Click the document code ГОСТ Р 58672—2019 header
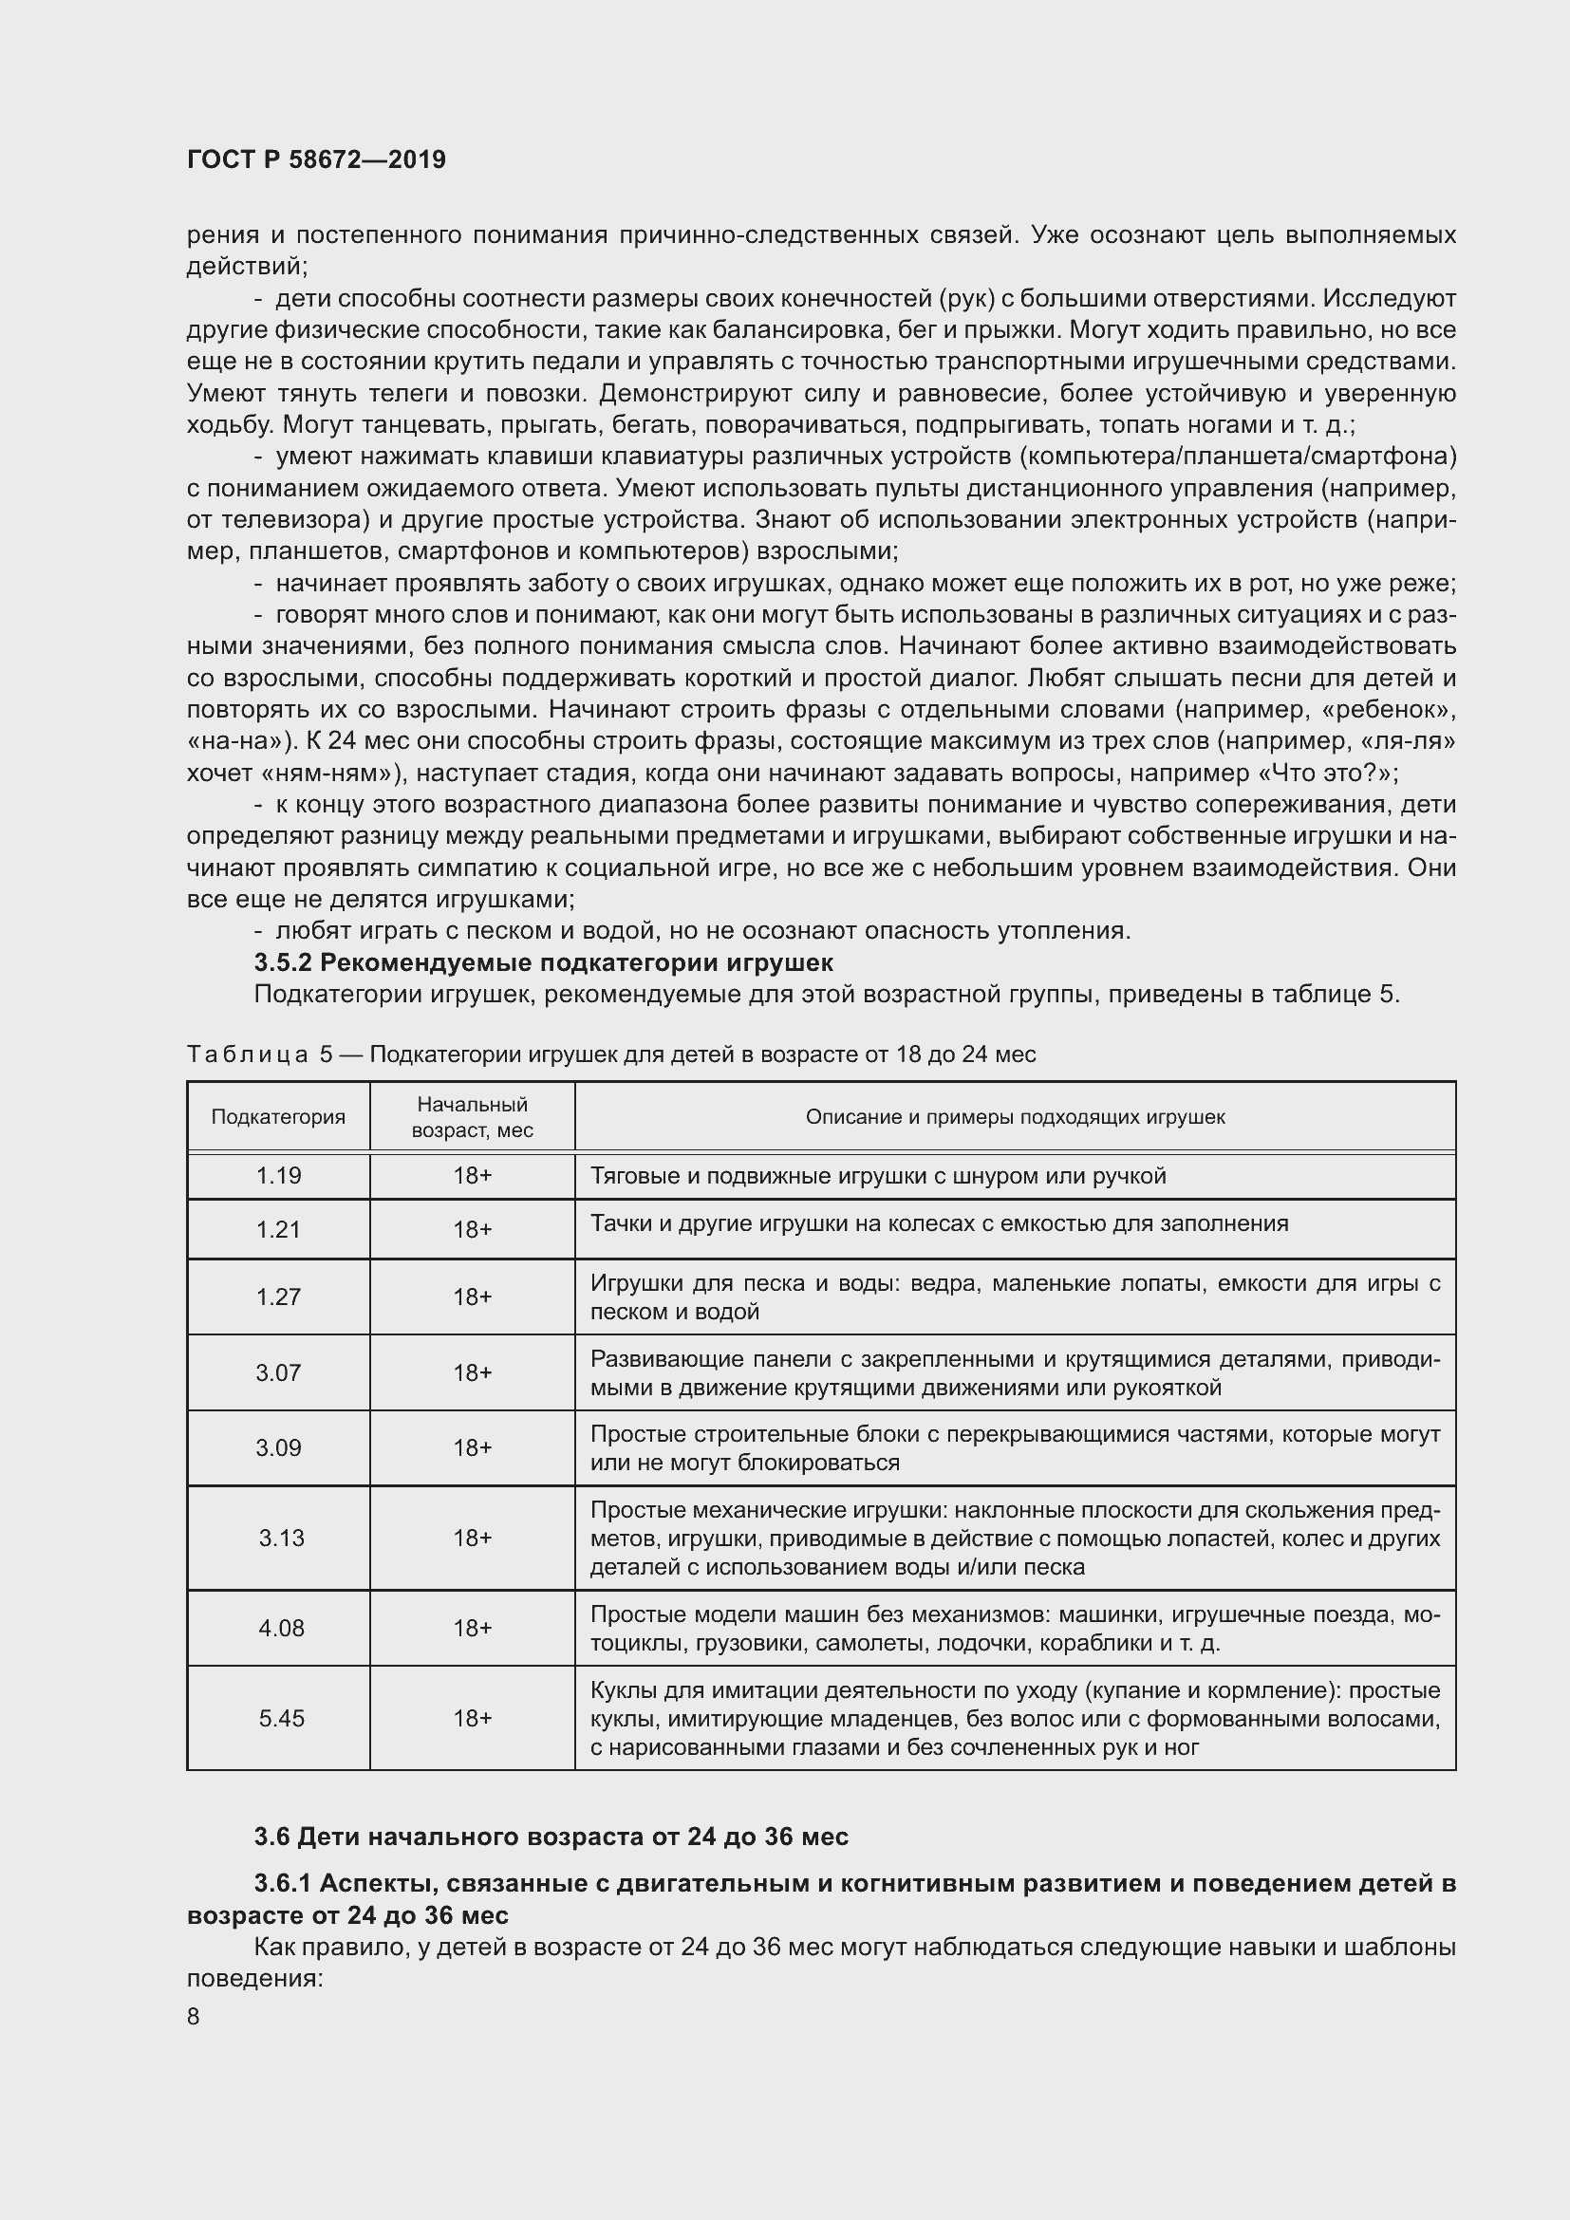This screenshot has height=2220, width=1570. click(316, 159)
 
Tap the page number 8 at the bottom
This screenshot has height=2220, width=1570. click(194, 2017)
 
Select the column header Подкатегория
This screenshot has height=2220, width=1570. click(278, 1117)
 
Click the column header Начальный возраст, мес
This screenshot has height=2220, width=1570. click(472, 1117)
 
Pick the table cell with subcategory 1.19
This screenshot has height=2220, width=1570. click(278, 1176)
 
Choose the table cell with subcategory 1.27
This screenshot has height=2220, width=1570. click(278, 1297)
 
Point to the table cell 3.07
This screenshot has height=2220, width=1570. click(278, 1372)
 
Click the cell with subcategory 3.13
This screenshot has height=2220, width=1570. click(281, 1538)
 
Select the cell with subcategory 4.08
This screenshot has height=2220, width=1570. click(281, 1629)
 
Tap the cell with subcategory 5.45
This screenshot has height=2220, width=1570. click(281, 1718)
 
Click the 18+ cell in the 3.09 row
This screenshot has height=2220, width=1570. click(472, 1447)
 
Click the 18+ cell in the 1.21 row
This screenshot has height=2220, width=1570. click(472, 1229)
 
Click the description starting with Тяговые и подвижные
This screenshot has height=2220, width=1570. click(878, 1176)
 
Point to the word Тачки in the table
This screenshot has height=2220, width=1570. click(615, 1223)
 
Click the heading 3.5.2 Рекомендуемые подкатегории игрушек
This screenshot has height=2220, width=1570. click(543, 962)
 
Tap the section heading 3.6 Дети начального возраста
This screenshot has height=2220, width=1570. click(551, 1837)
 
